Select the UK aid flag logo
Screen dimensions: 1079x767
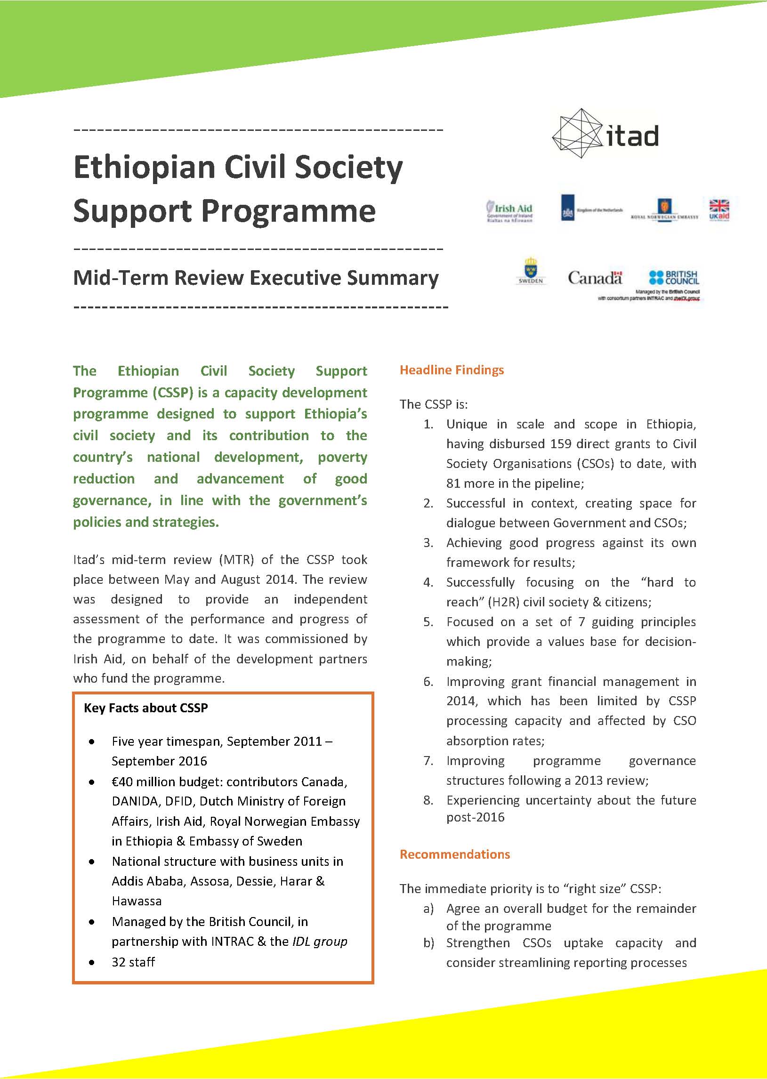[x=719, y=209]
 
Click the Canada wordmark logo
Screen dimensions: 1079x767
[x=595, y=278]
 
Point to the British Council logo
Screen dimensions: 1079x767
[x=674, y=277]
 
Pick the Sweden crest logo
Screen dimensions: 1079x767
[x=530, y=271]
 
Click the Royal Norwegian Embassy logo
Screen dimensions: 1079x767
[x=664, y=209]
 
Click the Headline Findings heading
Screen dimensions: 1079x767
[x=452, y=370]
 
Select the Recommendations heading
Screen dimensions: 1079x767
[x=454, y=854]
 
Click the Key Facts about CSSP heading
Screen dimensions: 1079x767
[x=145, y=708]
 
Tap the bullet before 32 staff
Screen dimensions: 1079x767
[x=92, y=962]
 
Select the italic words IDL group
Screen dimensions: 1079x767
[x=320, y=942]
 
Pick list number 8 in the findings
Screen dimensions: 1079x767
[x=428, y=800]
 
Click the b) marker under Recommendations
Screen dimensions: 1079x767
[x=428, y=943]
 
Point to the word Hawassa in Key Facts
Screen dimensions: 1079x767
[x=137, y=901]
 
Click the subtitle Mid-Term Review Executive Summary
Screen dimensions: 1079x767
[x=256, y=278]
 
